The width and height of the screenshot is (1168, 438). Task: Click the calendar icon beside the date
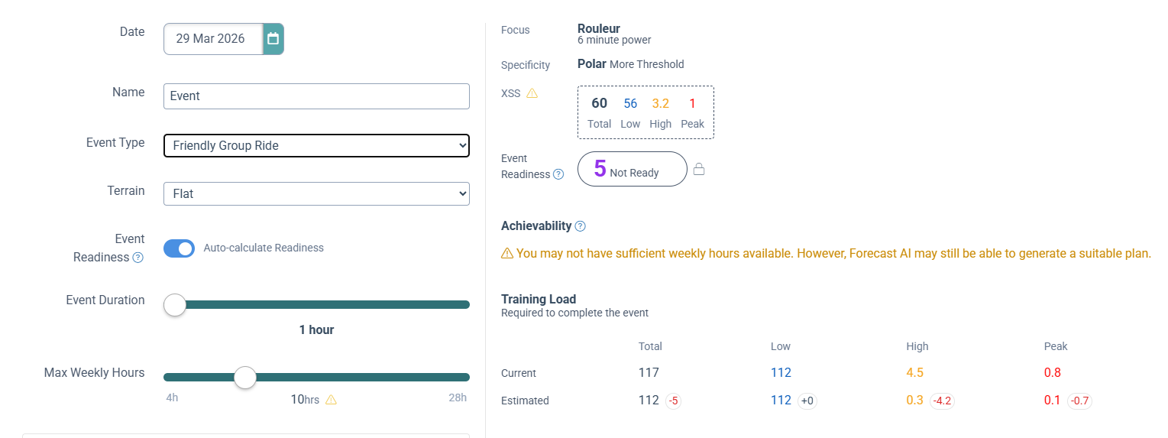[273, 39]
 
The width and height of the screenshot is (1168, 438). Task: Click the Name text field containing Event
[316, 96]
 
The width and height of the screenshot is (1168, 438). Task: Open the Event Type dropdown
[316, 145]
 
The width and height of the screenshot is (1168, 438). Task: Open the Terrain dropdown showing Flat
[316, 194]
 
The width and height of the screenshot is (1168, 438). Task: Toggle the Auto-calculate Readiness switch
[180, 248]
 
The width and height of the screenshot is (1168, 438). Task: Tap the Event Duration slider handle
[175, 304]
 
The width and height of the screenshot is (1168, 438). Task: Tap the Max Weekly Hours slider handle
[245, 377]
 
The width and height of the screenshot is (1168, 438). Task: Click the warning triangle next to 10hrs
[331, 400]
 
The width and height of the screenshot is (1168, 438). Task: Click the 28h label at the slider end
[458, 397]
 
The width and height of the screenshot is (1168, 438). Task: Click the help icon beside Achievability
[580, 226]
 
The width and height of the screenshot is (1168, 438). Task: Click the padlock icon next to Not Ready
[698, 170]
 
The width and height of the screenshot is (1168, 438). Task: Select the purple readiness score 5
[600, 169]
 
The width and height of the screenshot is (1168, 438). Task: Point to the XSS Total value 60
[599, 103]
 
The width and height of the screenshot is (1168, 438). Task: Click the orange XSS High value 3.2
[660, 103]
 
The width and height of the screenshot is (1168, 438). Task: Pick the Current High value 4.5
[914, 373]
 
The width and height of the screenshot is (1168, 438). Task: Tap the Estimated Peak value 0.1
[1052, 400]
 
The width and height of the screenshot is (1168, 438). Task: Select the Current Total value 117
[649, 373]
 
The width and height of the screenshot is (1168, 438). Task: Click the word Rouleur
[598, 29]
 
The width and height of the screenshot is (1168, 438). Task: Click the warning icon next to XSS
[532, 93]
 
